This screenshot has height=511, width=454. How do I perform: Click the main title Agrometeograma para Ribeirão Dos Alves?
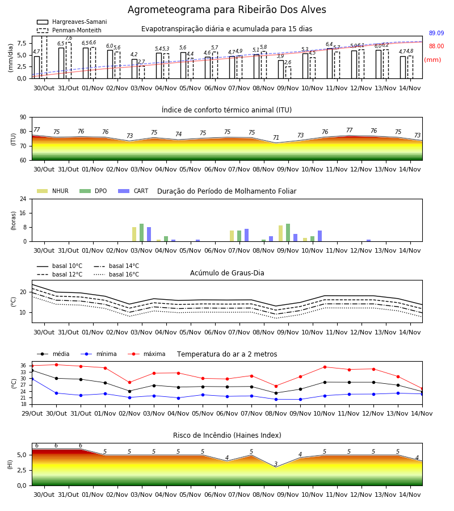click(226, 10)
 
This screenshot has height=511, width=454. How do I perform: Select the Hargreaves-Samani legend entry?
click(72, 22)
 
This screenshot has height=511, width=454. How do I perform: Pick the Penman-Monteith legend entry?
click(69, 30)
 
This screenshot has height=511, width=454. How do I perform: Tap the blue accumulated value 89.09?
click(436, 33)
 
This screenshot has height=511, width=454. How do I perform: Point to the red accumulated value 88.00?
click(436, 47)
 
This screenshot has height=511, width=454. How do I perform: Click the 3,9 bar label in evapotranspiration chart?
click(280, 56)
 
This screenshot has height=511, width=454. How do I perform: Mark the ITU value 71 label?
click(276, 137)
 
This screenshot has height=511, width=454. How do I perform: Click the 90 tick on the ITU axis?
click(23, 118)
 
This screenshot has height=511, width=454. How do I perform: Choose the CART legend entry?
click(133, 191)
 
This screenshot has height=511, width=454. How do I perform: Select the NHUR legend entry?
click(53, 191)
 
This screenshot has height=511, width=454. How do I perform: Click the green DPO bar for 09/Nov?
click(288, 233)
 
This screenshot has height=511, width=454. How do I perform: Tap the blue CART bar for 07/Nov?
click(246, 235)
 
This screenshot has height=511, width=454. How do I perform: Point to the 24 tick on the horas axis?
click(23, 199)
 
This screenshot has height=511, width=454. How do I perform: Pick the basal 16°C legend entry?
click(116, 274)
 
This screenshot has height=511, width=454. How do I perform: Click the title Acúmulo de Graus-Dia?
click(227, 273)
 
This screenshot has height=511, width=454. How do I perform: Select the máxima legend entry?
click(146, 354)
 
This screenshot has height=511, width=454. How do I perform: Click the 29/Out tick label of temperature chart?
click(32, 413)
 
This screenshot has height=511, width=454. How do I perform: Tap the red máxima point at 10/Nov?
click(325, 367)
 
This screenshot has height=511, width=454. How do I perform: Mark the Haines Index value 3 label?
click(276, 464)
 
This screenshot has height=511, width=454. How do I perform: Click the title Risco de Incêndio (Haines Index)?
click(227, 435)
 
